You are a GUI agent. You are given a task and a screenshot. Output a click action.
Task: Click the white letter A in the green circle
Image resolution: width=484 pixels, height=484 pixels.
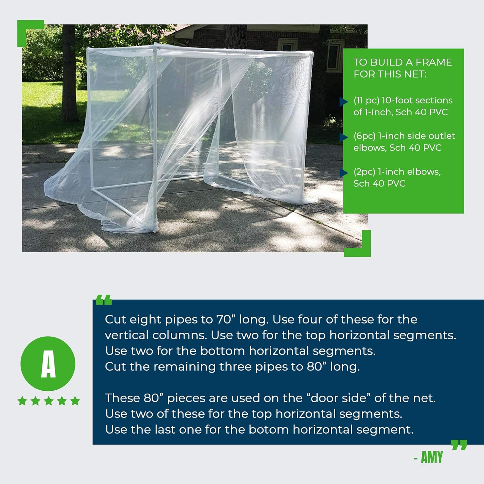tap(48, 364)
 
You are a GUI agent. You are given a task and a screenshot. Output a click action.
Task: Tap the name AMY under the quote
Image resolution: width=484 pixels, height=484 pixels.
tap(432, 458)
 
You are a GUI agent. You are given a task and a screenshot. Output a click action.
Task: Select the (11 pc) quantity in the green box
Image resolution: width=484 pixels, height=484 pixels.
tap(366, 101)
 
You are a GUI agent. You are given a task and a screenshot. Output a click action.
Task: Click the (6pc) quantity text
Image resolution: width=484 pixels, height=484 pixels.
tap(364, 136)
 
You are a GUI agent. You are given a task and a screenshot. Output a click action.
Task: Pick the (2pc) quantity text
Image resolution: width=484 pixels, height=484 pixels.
tap(364, 172)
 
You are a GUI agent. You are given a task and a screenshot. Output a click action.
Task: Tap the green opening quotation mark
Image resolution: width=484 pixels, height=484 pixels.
tap(104, 300)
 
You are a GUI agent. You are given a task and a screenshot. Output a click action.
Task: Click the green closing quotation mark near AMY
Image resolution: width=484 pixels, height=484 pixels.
tap(459, 445)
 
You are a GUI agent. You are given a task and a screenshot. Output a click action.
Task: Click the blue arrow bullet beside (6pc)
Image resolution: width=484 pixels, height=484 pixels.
tap(344, 137)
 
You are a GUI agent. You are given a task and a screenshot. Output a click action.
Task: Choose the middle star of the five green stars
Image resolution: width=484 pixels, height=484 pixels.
tap(49, 401)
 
